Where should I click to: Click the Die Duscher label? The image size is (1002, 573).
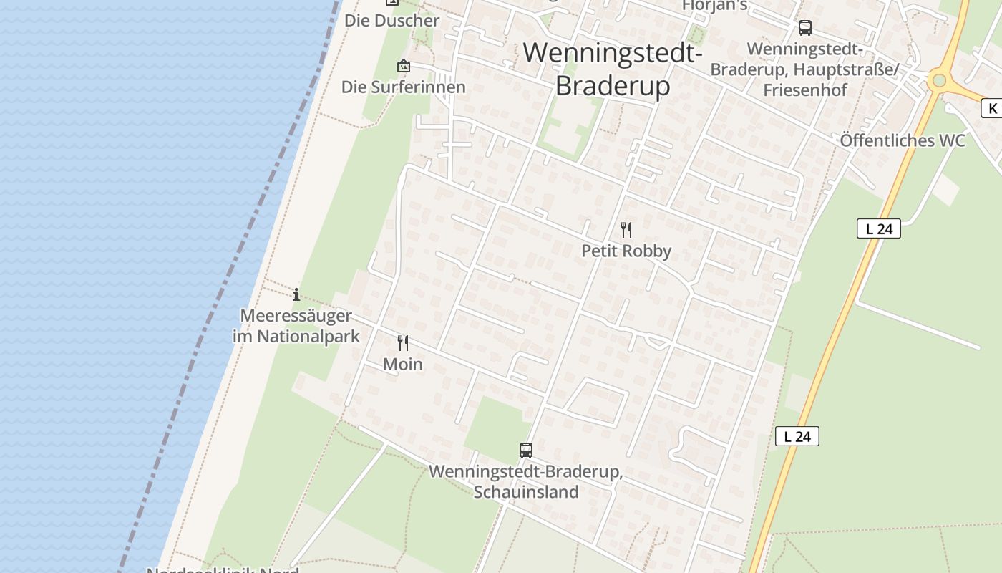pos(391,20)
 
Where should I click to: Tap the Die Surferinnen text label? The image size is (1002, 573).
pos(403,87)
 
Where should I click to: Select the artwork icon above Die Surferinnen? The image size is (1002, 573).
pos(404,66)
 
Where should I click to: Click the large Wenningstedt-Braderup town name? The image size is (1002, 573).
pos(613,69)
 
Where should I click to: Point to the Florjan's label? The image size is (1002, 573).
pos(714,6)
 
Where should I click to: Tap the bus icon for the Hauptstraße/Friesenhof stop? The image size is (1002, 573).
pos(805,28)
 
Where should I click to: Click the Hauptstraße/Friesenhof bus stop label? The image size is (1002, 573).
pos(804,69)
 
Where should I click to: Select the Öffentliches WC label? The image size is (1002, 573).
pos(903,140)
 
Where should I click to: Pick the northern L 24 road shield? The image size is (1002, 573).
pos(878,229)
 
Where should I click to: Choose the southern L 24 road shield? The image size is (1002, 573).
pos(797,436)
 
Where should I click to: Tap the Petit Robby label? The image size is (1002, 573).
pos(626,251)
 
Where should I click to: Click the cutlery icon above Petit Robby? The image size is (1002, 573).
pos(626,229)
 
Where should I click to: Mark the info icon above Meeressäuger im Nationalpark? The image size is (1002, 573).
pos(296,294)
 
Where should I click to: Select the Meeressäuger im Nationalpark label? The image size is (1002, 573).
pos(296,326)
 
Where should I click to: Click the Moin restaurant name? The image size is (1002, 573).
pos(403,364)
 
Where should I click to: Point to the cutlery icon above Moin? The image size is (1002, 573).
pos(403,343)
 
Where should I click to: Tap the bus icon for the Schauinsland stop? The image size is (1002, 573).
pos(526,451)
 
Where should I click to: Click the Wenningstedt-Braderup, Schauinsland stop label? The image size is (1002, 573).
pos(526,482)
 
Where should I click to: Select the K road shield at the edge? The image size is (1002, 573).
pos(992,108)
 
